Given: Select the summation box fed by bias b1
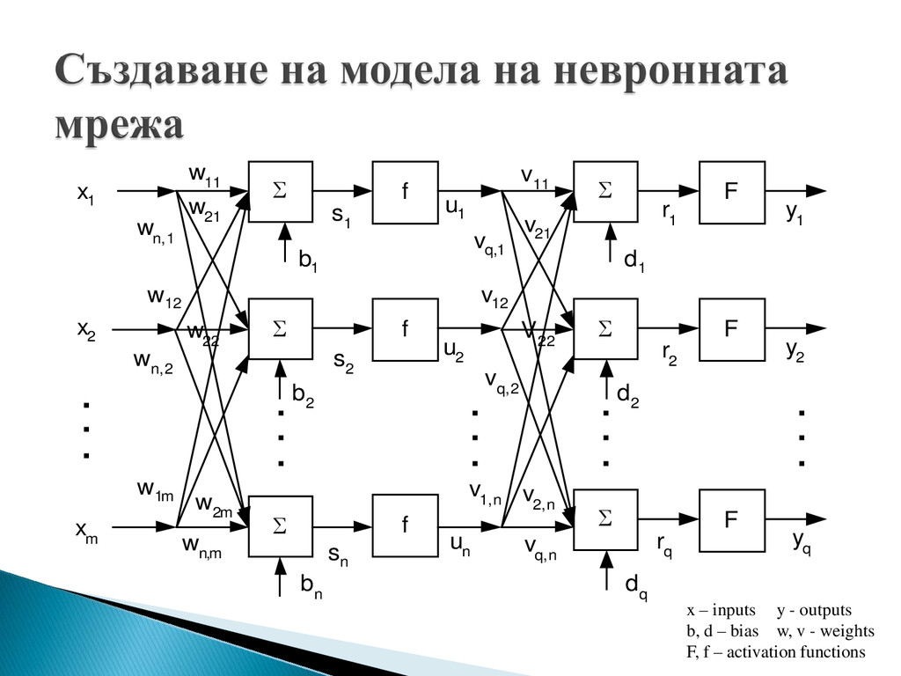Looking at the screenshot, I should pos(280,192).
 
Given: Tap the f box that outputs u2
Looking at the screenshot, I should pos(405,330).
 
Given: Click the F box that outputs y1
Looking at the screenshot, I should pos(731,192).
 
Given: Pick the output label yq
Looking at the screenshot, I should pos(801,543).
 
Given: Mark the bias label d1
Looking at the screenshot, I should pos(634,261).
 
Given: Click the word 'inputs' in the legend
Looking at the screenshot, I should pos(732,610).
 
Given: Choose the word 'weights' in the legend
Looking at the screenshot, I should pos(845,631).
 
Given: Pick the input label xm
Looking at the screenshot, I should pos(86,532).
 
